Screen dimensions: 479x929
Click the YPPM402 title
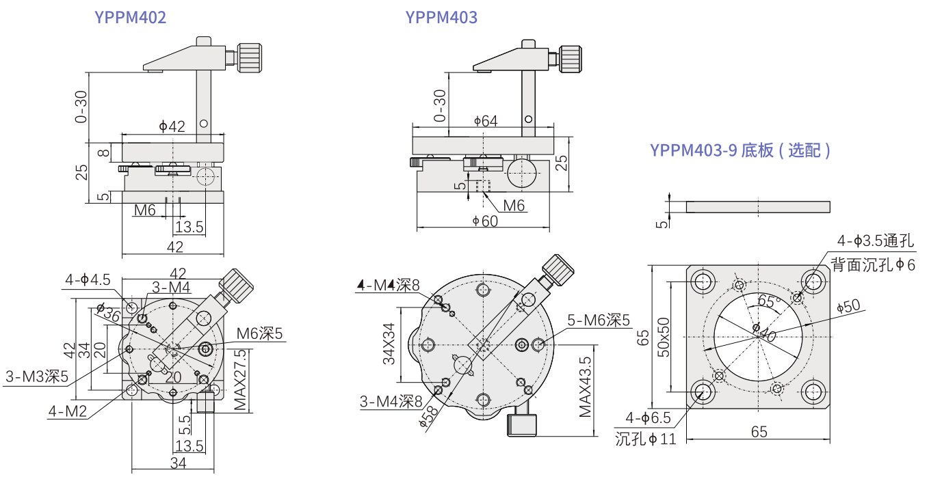coord(130,17)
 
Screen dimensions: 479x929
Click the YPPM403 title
coord(441,17)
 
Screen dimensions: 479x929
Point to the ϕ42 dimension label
coord(172,126)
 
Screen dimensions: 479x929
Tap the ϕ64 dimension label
coord(485,121)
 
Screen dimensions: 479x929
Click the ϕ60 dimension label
coord(485,221)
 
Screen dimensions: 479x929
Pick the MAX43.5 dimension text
coord(585,387)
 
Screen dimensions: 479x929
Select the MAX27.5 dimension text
coord(240,380)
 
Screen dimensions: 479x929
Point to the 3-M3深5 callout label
coord(37,376)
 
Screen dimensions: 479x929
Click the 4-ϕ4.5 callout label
coord(88,279)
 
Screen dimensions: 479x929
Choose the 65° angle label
coord(769,301)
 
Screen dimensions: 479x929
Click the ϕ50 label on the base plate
coord(848,307)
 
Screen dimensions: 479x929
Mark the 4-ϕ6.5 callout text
coord(647,418)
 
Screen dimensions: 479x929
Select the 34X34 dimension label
coord(389,345)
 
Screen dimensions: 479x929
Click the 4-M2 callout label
coord(67,411)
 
